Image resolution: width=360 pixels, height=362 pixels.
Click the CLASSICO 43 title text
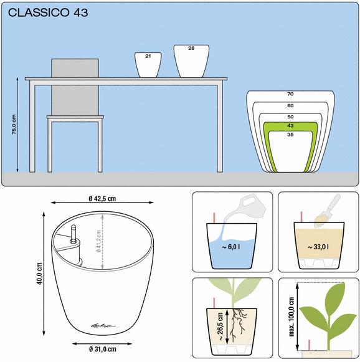click(x=48, y=12)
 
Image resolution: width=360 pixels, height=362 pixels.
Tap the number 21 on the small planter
click(x=148, y=56)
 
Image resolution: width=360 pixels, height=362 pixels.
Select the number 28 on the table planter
click(x=191, y=48)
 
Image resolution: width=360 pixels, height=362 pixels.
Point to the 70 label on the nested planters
click(x=290, y=94)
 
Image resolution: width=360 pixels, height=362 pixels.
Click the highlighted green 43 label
click(x=290, y=126)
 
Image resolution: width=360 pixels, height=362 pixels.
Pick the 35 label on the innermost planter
click(x=290, y=135)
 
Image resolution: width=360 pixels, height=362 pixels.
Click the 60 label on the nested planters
click(x=290, y=105)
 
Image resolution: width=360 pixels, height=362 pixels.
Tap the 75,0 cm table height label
click(x=14, y=125)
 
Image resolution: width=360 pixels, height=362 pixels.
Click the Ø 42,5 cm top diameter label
click(x=102, y=199)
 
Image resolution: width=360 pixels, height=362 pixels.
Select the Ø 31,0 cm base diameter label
click(x=103, y=349)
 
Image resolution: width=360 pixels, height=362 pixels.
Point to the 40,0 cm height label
click(x=39, y=274)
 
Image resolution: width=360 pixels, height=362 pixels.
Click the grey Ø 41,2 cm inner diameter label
click(x=98, y=242)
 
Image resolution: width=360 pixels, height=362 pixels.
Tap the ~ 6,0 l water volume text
click(x=231, y=247)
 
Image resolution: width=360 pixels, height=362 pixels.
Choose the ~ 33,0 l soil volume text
click(x=318, y=247)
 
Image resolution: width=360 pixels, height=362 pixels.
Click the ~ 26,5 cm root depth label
click(x=220, y=326)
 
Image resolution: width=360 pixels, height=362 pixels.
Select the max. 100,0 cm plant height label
click(x=291, y=317)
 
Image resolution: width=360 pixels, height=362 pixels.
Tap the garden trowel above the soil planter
click(x=328, y=210)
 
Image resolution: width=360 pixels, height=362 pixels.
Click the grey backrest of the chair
click(x=75, y=87)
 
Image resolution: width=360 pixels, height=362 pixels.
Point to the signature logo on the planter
click(x=104, y=325)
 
